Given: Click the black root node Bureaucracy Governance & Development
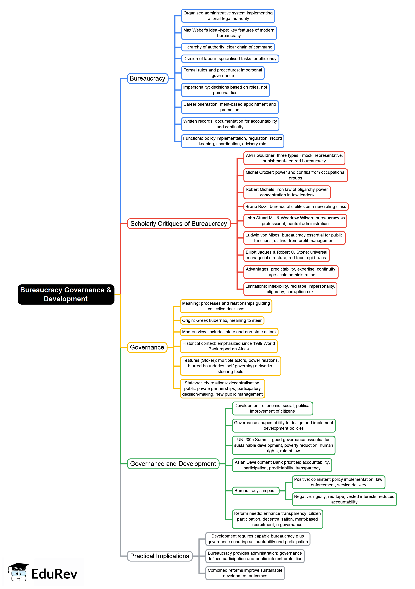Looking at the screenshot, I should click(x=66, y=294).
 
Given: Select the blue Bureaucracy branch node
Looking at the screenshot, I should click(x=148, y=78).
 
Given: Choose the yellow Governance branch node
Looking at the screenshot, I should click(x=147, y=347).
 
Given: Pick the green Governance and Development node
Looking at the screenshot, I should click(x=173, y=464).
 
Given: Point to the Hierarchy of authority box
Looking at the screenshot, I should click(x=228, y=47).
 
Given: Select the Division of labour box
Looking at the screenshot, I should click(x=230, y=59).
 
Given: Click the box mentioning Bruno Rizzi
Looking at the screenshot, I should click(x=296, y=207).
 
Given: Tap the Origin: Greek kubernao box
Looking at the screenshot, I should click(x=222, y=320).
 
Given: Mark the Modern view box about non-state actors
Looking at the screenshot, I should click(x=229, y=332).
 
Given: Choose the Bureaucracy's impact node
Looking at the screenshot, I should click(x=255, y=491).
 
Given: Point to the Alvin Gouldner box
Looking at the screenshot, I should click(x=294, y=158).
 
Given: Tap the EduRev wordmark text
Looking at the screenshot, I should click(x=54, y=574).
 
